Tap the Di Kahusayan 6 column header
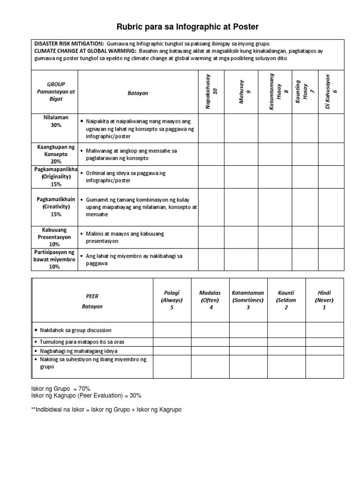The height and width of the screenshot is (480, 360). tap(331, 92)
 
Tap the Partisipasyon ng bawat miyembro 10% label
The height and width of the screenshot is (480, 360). tap(54, 259)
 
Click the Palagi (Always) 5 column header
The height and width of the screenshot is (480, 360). tap(172, 300)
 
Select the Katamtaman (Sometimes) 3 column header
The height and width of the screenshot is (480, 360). tap(248, 300)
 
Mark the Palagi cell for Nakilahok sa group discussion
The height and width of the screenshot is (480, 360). tap(172, 330)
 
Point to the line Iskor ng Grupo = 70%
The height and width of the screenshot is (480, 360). tap(60, 389)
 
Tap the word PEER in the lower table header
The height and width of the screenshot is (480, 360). tap(92, 296)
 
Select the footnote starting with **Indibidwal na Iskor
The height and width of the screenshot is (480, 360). tap(106, 409)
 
